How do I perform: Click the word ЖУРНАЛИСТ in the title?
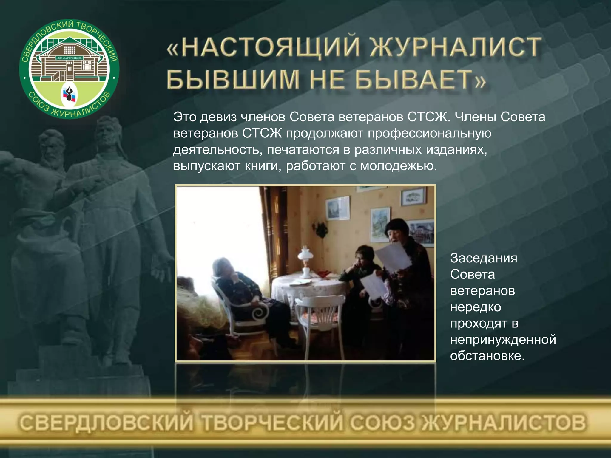(x=456, y=47)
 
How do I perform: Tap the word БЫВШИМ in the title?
(x=233, y=80)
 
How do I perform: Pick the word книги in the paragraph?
(x=263, y=166)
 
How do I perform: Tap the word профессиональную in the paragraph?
(x=429, y=133)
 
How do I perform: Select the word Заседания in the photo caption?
(x=484, y=258)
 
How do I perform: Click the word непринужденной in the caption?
(x=503, y=340)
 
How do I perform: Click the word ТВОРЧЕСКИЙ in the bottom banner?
(x=271, y=423)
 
